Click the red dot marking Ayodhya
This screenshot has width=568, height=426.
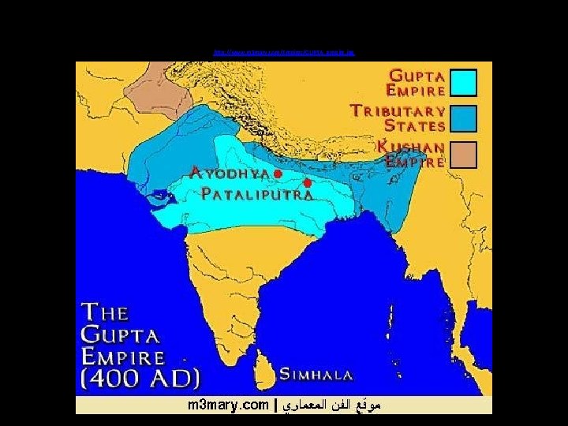pos(278,172)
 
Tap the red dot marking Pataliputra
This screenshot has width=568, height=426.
pos(307,183)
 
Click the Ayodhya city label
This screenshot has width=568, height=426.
pos(231,172)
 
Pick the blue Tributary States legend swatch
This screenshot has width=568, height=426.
pos(462,118)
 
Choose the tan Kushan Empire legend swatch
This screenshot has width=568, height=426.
pos(462,154)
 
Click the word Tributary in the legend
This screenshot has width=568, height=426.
pos(398,111)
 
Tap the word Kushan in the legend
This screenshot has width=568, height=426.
pos(411,147)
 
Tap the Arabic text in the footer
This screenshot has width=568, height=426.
pos(331,405)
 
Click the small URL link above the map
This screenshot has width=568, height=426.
pos(284,53)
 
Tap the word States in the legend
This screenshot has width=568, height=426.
pos(415,125)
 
